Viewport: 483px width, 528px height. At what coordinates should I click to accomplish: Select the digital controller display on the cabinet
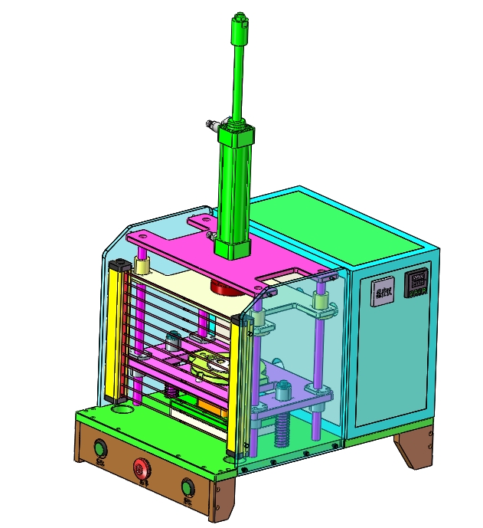point(418,282)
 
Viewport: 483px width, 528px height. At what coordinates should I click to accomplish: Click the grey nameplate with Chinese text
point(383,291)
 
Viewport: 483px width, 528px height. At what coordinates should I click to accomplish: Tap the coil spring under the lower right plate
point(282,431)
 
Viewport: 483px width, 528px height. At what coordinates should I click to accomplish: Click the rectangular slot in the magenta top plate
point(286,272)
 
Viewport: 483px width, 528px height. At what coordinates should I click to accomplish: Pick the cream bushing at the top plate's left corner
point(142,265)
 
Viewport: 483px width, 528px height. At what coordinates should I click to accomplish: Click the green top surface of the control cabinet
point(337,222)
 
